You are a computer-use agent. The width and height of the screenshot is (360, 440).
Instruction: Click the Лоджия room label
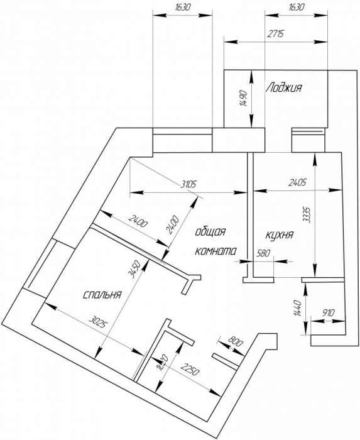tap(284, 87)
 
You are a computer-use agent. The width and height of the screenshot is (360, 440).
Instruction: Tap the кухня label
tap(279, 234)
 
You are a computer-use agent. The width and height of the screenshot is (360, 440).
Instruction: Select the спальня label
tap(102, 295)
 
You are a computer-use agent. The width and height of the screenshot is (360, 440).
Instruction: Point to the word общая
tap(210, 232)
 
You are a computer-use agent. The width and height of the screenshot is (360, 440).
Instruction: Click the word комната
tap(215, 251)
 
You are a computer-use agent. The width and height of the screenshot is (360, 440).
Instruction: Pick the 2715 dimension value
tap(276, 34)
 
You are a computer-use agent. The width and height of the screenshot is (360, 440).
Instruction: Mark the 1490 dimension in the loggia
tap(243, 98)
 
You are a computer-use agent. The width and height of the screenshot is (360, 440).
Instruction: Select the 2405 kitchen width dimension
tap(297, 182)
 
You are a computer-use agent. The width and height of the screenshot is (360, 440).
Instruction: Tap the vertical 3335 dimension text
tap(308, 215)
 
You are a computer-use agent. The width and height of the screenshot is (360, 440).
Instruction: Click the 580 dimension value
tap(263, 253)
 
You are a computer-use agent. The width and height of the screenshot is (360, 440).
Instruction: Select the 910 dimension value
tap(328, 312)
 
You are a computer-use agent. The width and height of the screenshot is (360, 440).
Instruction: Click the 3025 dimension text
tap(98, 322)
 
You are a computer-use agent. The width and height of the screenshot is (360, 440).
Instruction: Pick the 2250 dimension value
tap(190, 369)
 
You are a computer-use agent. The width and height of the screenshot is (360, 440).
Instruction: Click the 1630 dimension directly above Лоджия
tap(297, 7)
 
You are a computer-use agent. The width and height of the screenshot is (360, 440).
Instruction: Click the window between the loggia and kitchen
tap(308, 140)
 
